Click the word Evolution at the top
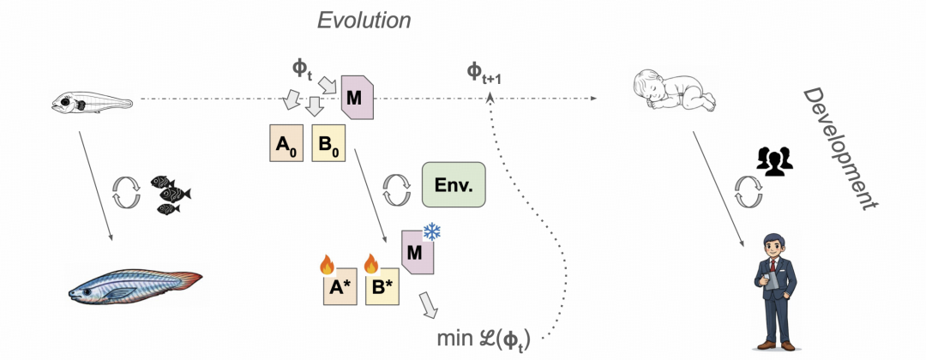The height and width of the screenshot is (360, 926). click(364, 20)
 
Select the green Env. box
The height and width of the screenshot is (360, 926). click(454, 184)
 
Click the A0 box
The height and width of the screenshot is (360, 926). click(286, 143)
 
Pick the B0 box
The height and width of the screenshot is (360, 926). click(328, 143)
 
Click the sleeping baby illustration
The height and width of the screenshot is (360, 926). click(673, 93)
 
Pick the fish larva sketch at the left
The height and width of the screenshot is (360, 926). click(91, 103)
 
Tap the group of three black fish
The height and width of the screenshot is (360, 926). click(170, 195)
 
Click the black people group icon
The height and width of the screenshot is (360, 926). click(773, 159)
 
